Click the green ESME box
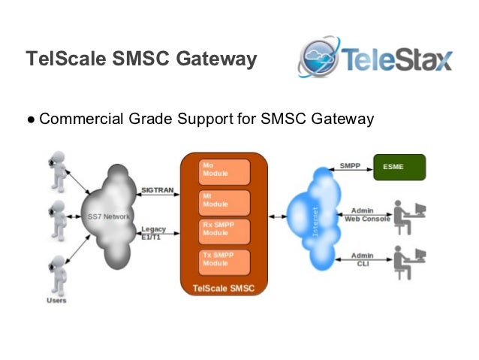(x=399, y=166)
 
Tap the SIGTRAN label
(x=156, y=190)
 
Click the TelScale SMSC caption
(x=224, y=288)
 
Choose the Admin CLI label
(x=361, y=260)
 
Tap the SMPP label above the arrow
(x=349, y=165)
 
